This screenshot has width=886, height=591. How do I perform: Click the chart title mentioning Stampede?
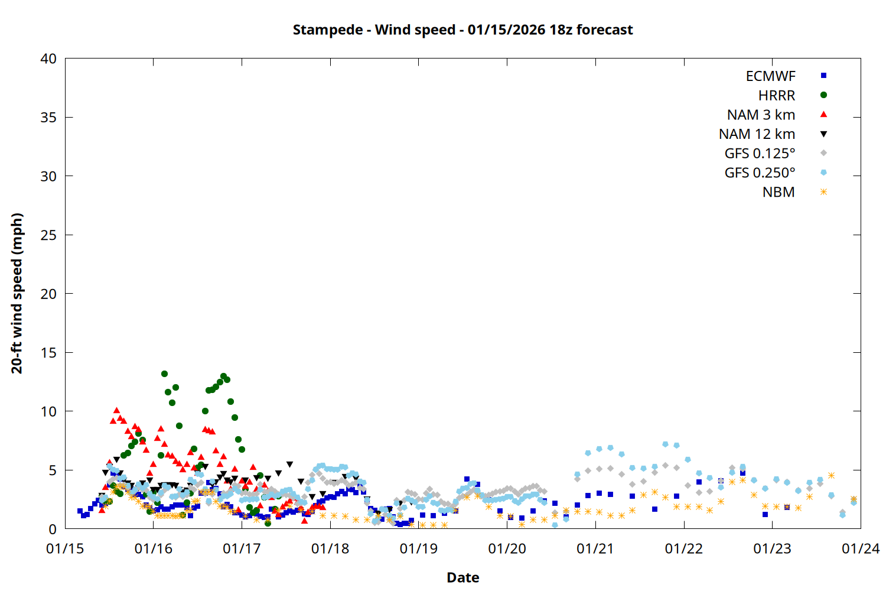coord(462,30)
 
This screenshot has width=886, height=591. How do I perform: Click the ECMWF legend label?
coord(770,76)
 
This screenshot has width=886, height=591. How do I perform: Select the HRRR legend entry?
coord(777,96)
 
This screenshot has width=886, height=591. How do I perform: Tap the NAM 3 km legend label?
coord(761,115)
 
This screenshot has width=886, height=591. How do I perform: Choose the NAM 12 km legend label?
coord(757,134)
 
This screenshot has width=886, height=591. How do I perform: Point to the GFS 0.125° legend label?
coord(760,154)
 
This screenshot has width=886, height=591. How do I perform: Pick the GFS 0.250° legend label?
coord(760,173)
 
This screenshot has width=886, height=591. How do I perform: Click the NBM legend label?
coord(778,192)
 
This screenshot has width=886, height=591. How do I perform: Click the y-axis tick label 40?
coord(48,59)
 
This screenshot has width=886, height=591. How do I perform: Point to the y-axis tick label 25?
coord(48,235)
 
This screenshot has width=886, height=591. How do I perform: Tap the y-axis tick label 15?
coord(48,353)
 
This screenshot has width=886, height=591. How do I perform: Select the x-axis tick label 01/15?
coord(65,549)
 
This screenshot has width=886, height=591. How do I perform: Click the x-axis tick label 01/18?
coord(330,549)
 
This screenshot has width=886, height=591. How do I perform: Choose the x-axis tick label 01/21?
coord(595,549)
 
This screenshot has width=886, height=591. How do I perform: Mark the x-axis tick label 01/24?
coord(860,549)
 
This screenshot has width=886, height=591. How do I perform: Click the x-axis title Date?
coord(462,577)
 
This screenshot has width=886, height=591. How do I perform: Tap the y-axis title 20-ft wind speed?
coord(17,293)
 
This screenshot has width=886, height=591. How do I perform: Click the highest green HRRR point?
coord(164,374)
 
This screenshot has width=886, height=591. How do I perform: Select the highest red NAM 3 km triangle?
coord(116,410)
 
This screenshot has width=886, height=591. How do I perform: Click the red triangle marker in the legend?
coord(823,115)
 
